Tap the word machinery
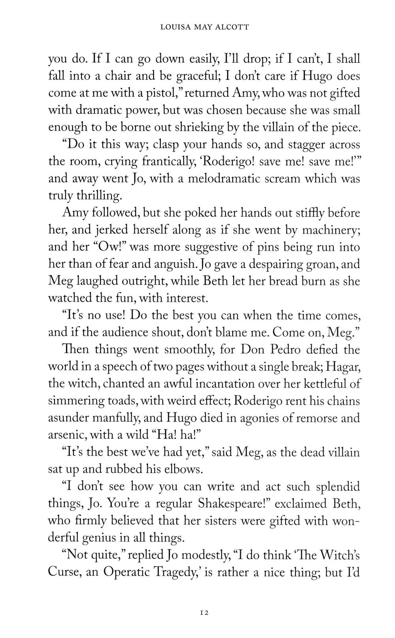[330, 230]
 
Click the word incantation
[214, 384]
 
